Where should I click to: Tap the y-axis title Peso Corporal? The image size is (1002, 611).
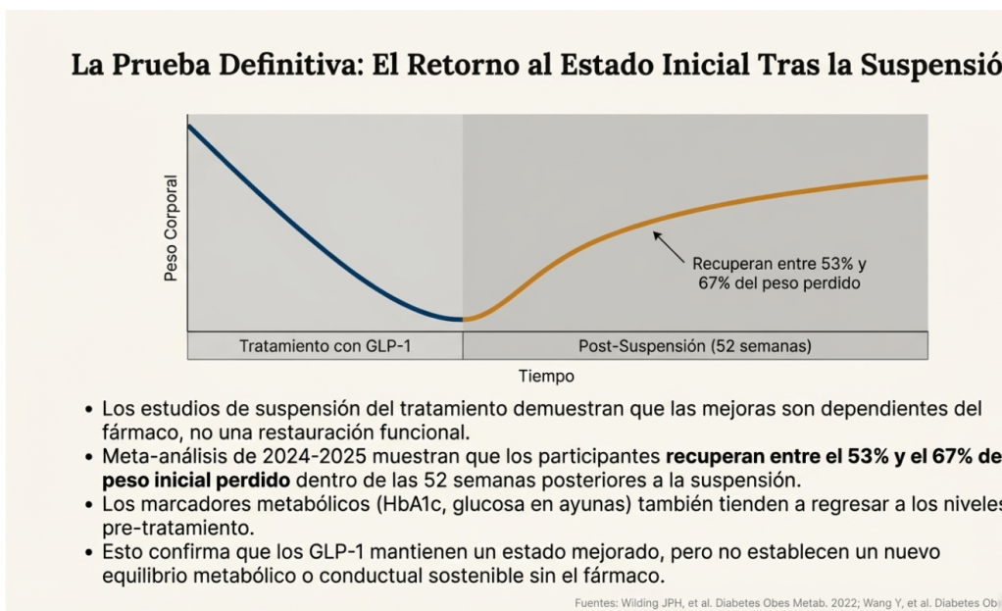pos(172,228)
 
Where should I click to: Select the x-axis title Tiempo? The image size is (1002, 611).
pos(546,376)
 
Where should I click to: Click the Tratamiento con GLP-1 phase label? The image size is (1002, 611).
pos(325,346)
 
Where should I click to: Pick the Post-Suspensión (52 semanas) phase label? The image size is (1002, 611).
pos(694,346)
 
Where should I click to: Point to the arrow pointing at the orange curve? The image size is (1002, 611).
pos(669,246)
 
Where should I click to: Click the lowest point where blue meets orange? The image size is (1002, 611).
pos(462,319)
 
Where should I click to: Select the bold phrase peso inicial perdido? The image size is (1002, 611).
pos(196,480)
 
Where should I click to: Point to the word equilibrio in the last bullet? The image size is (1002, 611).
pos(143,575)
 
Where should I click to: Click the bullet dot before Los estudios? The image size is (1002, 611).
pos(90,409)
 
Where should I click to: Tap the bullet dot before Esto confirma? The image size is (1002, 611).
pos(90,552)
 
